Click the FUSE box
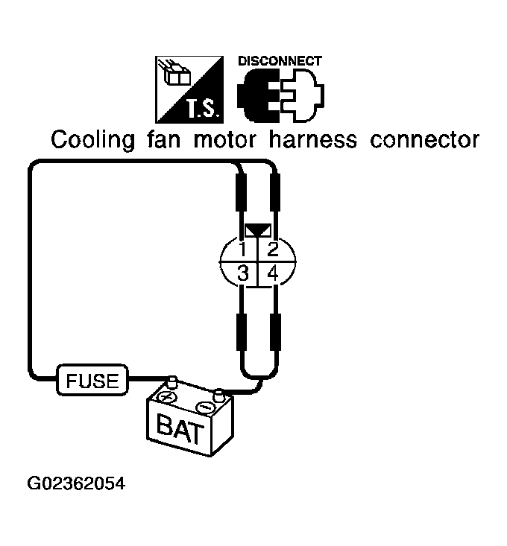click(x=92, y=380)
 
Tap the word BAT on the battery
click(x=180, y=428)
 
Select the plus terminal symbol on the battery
click(x=168, y=397)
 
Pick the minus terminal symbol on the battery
click(x=205, y=407)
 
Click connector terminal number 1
click(x=242, y=250)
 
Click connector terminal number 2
click(x=272, y=250)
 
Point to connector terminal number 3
click(x=243, y=273)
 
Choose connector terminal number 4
click(x=273, y=273)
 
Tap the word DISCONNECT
click(x=280, y=61)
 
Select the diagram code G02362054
click(x=76, y=483)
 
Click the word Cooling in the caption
click(x=92, y=140)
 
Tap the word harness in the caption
click(x=313, y=139)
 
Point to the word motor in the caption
click(x=224, y=140)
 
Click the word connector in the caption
click(x=425, y=140)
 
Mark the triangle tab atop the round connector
click(x=258, y=230)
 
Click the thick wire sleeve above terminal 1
click(x=241, y=192)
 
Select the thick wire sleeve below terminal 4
click(x=276, y=331)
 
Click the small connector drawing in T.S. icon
click(x=176, y=73)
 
